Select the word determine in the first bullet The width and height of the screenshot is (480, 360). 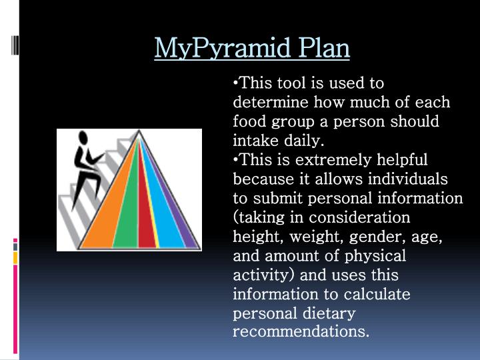(271, 103)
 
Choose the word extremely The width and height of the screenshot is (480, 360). (313, 161)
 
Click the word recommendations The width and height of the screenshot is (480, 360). (301, 331)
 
